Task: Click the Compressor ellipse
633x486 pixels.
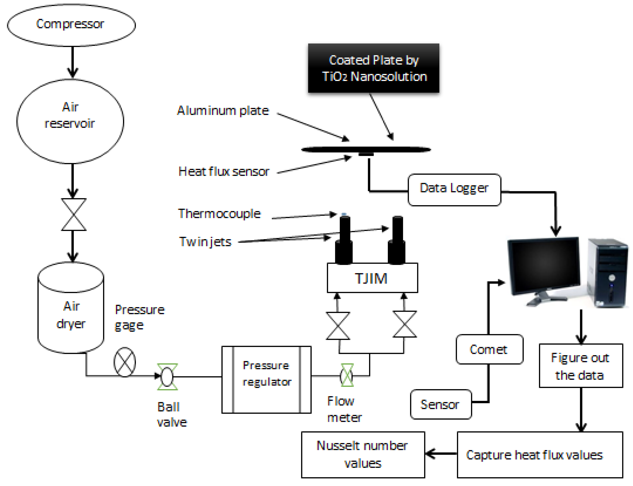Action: coord(71,25)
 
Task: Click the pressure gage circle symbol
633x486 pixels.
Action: coord(124,362)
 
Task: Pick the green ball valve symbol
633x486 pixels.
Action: coord(167,377)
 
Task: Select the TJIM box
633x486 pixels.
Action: coord(372,278)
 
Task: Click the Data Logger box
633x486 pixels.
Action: coord(454,190)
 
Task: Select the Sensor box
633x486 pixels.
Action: coord(441,404)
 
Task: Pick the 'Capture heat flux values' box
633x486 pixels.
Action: coord(539,455)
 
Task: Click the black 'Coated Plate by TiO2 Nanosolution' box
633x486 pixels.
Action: coord(374,68)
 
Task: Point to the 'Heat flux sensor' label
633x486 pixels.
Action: coord(224,171)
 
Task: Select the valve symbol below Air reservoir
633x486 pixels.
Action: coord(73,214)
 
